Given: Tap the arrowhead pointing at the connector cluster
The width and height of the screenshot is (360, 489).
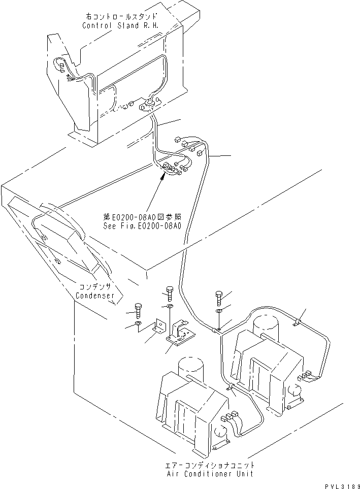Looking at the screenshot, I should pos(163,176).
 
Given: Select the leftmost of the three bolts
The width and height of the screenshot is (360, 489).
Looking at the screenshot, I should pos(138,309).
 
